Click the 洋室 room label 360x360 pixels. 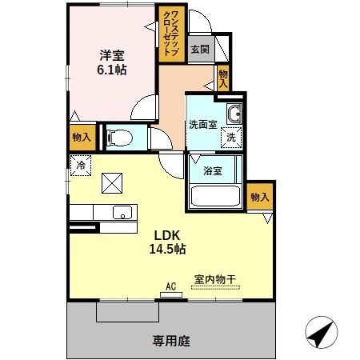click(111, 55)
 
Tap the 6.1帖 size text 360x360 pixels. click(111, 70)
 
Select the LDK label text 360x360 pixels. click(167, 235)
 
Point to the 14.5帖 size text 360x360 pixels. click(167, 250)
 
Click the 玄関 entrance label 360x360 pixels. click(199, 49)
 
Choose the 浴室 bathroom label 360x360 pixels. click(212, 170)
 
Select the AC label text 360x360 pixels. click(170, 285)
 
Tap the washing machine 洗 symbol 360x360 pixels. click(230, 137)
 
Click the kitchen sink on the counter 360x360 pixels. click(122, 212)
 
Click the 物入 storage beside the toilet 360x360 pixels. click(81, 138)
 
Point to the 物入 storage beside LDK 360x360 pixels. click(259, 197)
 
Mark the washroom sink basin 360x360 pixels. click(233, 114)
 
